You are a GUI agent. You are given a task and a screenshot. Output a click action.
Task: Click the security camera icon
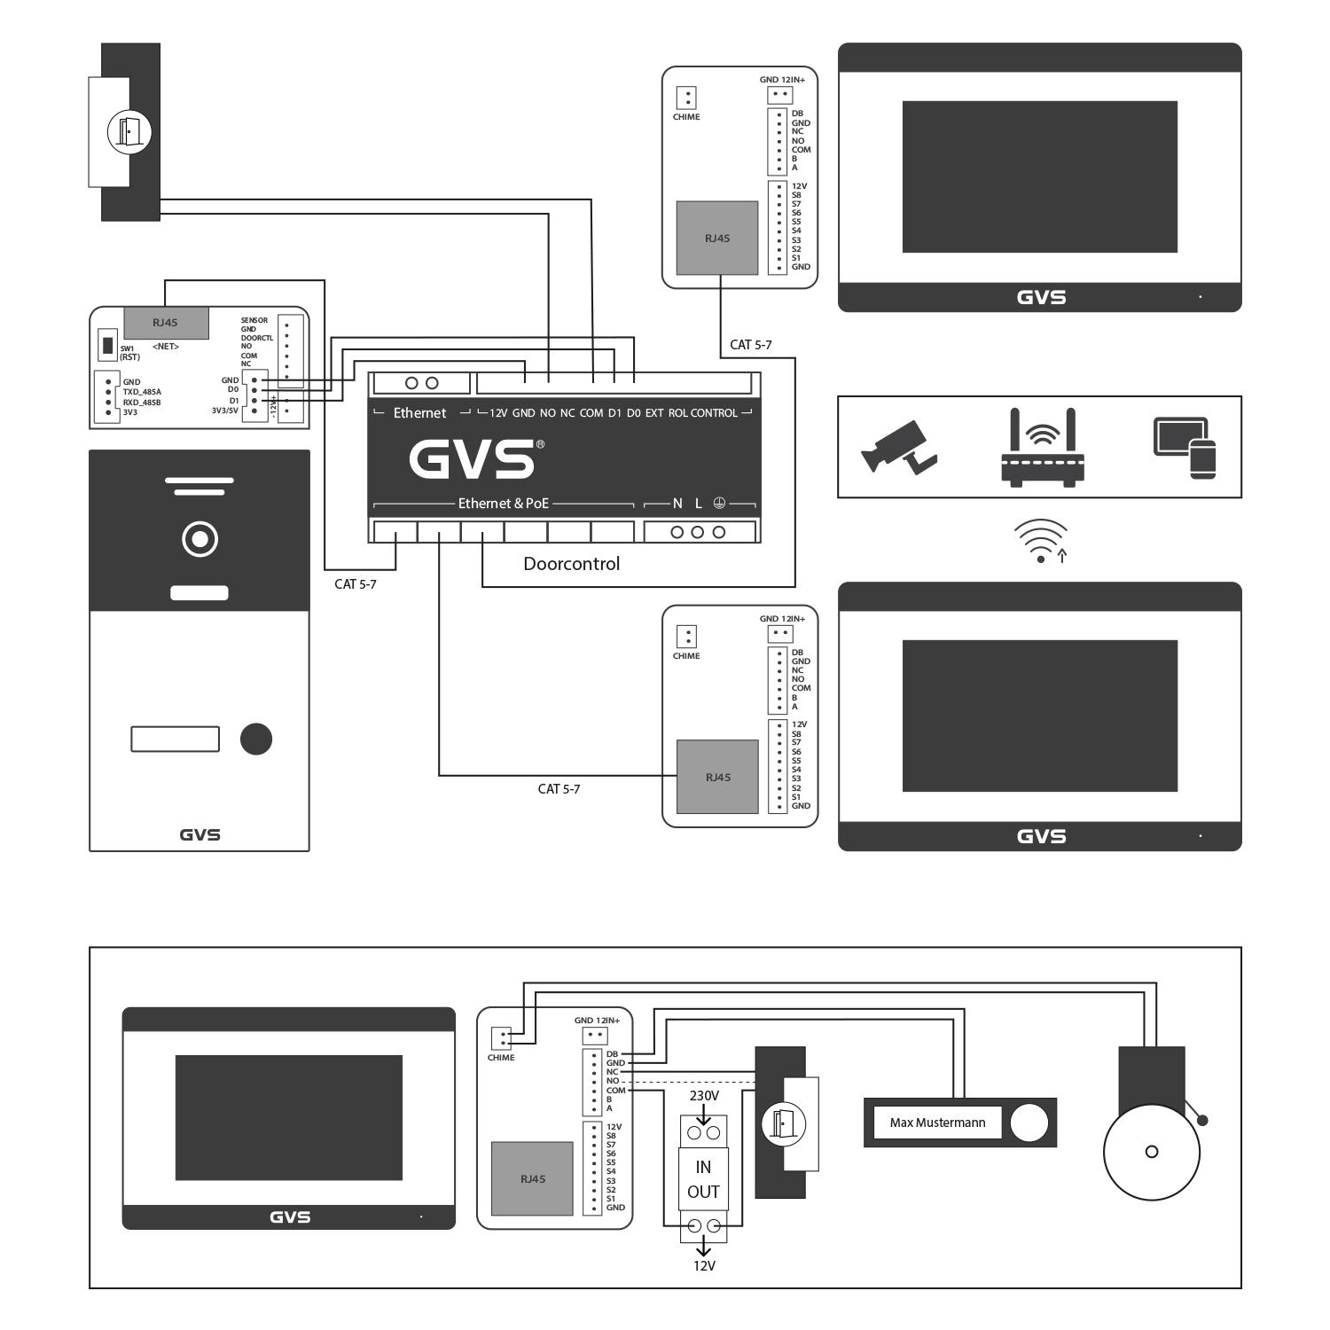(897, 447)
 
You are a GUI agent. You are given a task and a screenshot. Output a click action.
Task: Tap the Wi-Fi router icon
(1043, 447)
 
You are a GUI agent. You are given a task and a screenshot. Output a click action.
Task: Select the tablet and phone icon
(1185, 448)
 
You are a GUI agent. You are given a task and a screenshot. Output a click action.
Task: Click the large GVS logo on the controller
(476, 458)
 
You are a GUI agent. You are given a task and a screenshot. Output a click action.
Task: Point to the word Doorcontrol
(571, 564)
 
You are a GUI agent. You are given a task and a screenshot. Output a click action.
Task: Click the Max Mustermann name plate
(937, 1123)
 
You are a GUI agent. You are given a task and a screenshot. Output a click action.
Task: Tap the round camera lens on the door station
(199, 539)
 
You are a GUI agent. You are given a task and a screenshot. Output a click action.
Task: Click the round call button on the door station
(255, 739)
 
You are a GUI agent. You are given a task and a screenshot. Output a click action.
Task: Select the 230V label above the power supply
(704, 1096)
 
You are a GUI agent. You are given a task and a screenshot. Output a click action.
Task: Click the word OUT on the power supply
(703, 1192)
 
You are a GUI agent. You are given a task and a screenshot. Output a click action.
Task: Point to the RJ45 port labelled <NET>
(166, 324)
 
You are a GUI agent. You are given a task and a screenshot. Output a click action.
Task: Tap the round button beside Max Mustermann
(1029, 1123)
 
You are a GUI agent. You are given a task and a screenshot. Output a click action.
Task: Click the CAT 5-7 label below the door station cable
(355, 584)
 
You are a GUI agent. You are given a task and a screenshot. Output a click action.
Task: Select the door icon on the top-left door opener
(129, 132)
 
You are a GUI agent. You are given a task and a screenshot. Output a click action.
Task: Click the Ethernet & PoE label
(504, 504)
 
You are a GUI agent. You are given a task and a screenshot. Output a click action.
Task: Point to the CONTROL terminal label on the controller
(714, 413)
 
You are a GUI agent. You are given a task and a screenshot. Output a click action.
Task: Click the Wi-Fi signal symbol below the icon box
(1041, 541)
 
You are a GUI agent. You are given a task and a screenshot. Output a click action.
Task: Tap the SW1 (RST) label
(130, 353)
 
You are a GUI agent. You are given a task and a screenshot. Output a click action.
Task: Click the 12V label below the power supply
(704, 1266)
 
